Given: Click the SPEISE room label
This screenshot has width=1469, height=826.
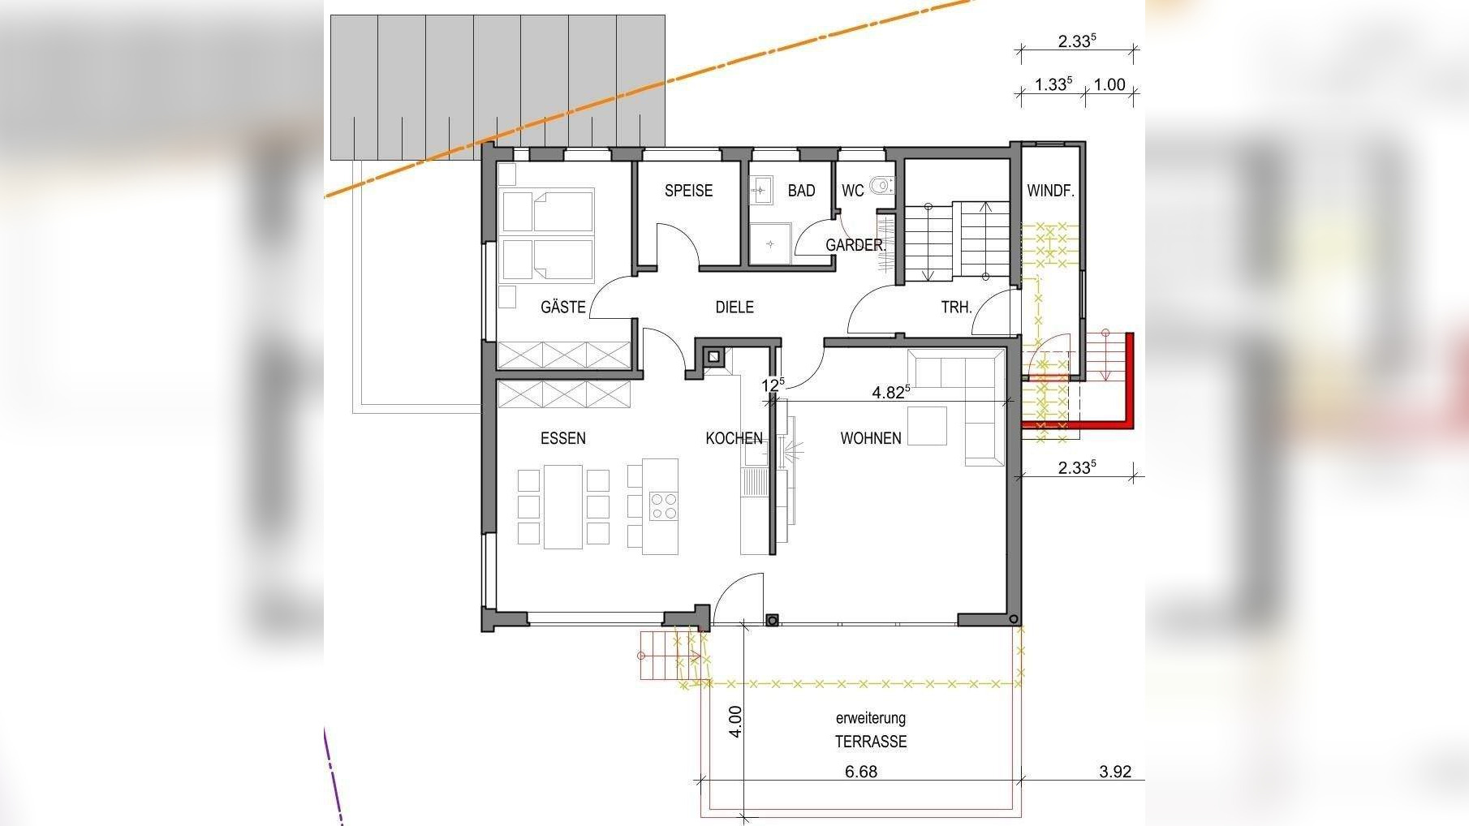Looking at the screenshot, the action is click(688, 191).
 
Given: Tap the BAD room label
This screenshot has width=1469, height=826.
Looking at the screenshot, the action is click(801, 191).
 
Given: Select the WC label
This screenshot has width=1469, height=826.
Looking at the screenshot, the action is click(852, 191).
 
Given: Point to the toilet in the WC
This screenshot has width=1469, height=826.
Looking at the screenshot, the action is click(881, 187).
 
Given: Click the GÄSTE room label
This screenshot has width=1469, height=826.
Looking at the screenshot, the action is click(563, 307).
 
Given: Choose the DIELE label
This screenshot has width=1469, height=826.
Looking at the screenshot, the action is click(734, 307).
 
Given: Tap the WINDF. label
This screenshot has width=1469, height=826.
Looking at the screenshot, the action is click(1050, 191).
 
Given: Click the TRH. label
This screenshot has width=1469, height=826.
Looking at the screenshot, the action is click(956, 308).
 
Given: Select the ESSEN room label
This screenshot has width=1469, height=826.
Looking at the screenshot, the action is click(563, 438).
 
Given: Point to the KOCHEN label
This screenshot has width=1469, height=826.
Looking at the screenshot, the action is click(734, 438).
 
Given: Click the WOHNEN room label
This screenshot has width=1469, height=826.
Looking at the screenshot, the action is click(871, 438).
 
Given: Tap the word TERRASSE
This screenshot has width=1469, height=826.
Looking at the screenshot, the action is click(871, 742).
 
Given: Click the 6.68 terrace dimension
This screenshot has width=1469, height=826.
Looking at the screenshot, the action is click(861, 772).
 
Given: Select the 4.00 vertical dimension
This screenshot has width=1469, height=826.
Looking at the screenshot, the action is click(735, 721).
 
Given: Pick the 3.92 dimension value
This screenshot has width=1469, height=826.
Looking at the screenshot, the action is click(1115, 772).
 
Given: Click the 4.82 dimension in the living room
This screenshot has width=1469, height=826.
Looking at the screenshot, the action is click(890, 393).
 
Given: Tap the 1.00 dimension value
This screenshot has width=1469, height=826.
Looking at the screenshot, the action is click(1109, 84).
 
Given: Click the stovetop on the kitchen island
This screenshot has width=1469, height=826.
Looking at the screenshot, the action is click(664, 506).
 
